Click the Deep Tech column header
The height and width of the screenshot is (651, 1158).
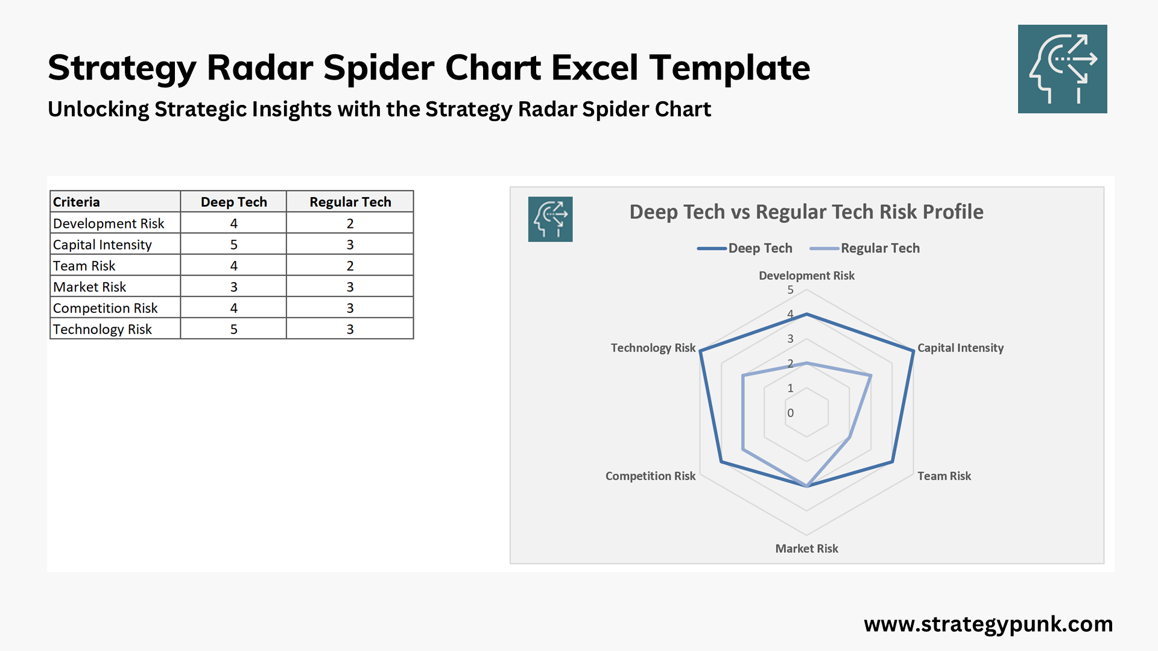pyautogui.click(x=233, y=202)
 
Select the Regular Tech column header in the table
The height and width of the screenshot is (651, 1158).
pyautogui.click(x=350, y=202)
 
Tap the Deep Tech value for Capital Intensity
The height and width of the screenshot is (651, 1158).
pyautogui.click(x=233, y=245)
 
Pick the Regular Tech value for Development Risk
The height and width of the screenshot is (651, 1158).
pyautogui.click(x=350, y=224)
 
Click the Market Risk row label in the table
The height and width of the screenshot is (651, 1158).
pyautogui.click(x=89, y=287)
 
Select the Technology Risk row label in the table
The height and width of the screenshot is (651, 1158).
pyautogui.click(x=102, y=329)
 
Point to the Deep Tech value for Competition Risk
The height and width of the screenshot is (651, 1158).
pyautogui.click(x=233, y=308)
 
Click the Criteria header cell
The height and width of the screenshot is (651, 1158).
pyautogui.click(x=76, y=202)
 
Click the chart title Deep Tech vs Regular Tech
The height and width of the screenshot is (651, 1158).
pyautogui.click(x=806, y=212)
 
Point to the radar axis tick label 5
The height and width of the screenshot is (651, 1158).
pyautogui.click(x=790, y=290)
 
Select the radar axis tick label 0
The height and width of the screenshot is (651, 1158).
pyautogui.click(x=790, y=413)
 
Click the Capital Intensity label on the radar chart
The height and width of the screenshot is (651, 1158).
pyautogui.click(x=960, y=348)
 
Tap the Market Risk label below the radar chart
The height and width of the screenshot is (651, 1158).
pyautogui.click(x=806, y=549)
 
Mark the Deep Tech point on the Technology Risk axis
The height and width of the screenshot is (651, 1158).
pyautogui.click(x=700, y=351)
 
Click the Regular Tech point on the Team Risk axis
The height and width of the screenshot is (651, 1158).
pyautogui.click(x=850, y=437)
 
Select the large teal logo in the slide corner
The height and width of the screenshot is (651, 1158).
pyautogui.click(x=1062, y=69)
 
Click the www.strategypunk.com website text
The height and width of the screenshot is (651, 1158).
pyautogui.click(x=988, y=624)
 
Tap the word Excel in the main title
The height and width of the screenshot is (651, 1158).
pyautogui.click(x=594, y=67)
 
